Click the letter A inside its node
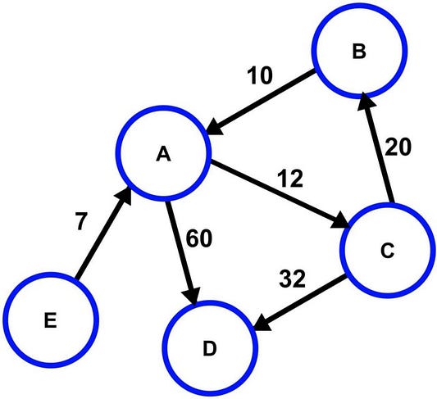tap(163, 154)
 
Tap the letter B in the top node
tap(359, 52)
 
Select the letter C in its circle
tap(387, 251)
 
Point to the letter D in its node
tap(210, 349)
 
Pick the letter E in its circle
tap(51, 320)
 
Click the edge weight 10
tap(259, 75)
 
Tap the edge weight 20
tap(398, 147)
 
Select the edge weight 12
tap(290, 179)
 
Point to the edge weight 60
tap(198, 238)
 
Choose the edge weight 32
tap(292, 279)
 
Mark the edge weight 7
tap(81, 221)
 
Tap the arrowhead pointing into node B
tap(366, 101)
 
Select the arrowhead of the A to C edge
tap(340, 221)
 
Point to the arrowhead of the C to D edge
tap(262, 323)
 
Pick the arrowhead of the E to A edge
tap(125, 197)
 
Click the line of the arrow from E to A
tap(100, 237)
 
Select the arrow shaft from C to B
tap(377, 152)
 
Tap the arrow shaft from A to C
tap(276, 192)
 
